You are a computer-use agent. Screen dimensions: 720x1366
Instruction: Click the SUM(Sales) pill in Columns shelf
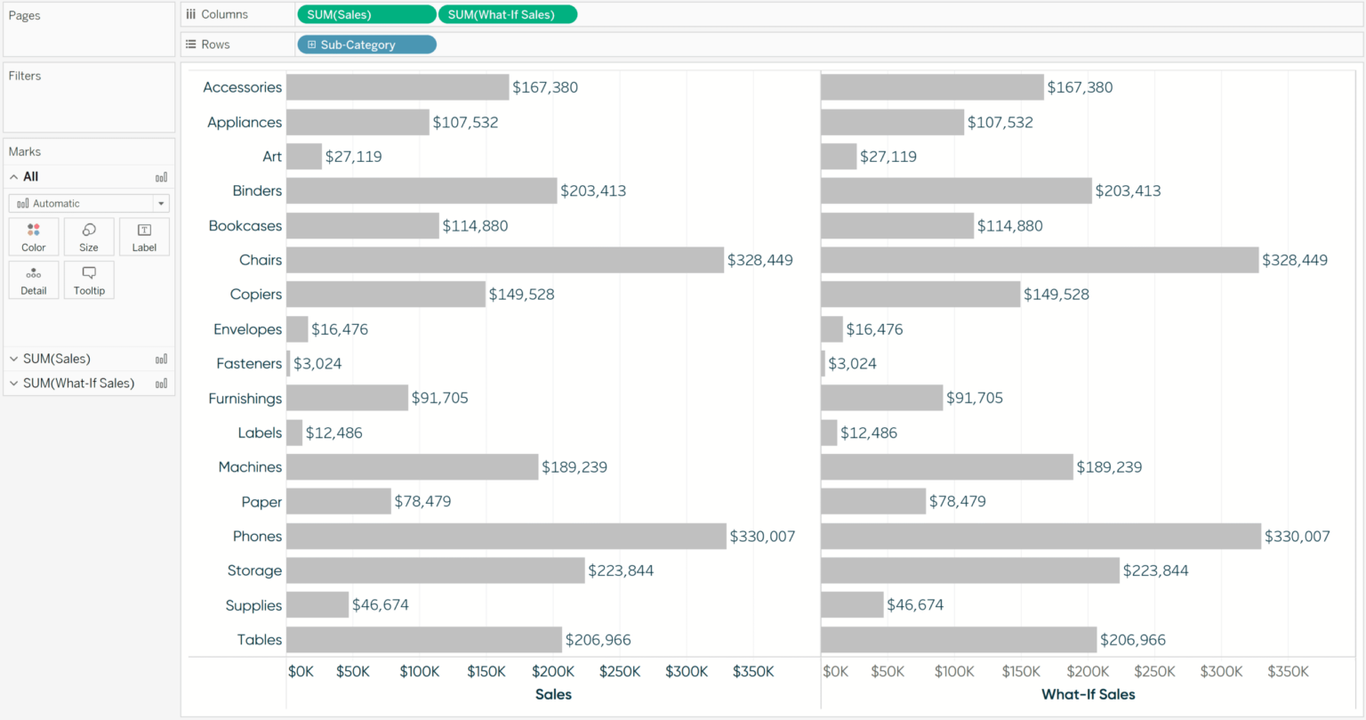coord(366,14)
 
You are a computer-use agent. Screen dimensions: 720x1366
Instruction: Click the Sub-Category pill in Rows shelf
coord(366,44)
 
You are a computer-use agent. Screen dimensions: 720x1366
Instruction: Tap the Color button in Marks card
coord(34,237)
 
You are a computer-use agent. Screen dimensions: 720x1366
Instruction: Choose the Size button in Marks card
coord(89,237)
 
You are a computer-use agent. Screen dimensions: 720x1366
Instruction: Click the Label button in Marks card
coord(144,237)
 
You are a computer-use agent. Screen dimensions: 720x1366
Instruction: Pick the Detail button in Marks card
coord(34,279)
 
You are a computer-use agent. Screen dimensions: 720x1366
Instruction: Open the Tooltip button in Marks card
coord(89,279)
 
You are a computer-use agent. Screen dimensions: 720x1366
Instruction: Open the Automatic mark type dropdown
coord(89,204)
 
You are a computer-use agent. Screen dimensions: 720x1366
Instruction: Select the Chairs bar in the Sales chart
coord(504,260)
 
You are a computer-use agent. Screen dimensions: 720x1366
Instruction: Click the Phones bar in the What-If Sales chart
coord(1041,536)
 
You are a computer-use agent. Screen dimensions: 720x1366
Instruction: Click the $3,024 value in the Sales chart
coord(317,363)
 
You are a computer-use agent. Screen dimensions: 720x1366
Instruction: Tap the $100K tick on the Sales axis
coord(419,671)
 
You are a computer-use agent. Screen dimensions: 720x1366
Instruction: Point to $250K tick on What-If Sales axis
coord(1154,671)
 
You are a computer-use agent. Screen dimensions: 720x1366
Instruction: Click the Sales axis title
coord(553,694)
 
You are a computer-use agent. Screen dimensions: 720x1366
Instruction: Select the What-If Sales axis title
coord(1088,694)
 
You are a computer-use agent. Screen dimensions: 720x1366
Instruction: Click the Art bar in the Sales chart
coord(304,157)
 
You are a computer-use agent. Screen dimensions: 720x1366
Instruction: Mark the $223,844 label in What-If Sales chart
coord(1155,570)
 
